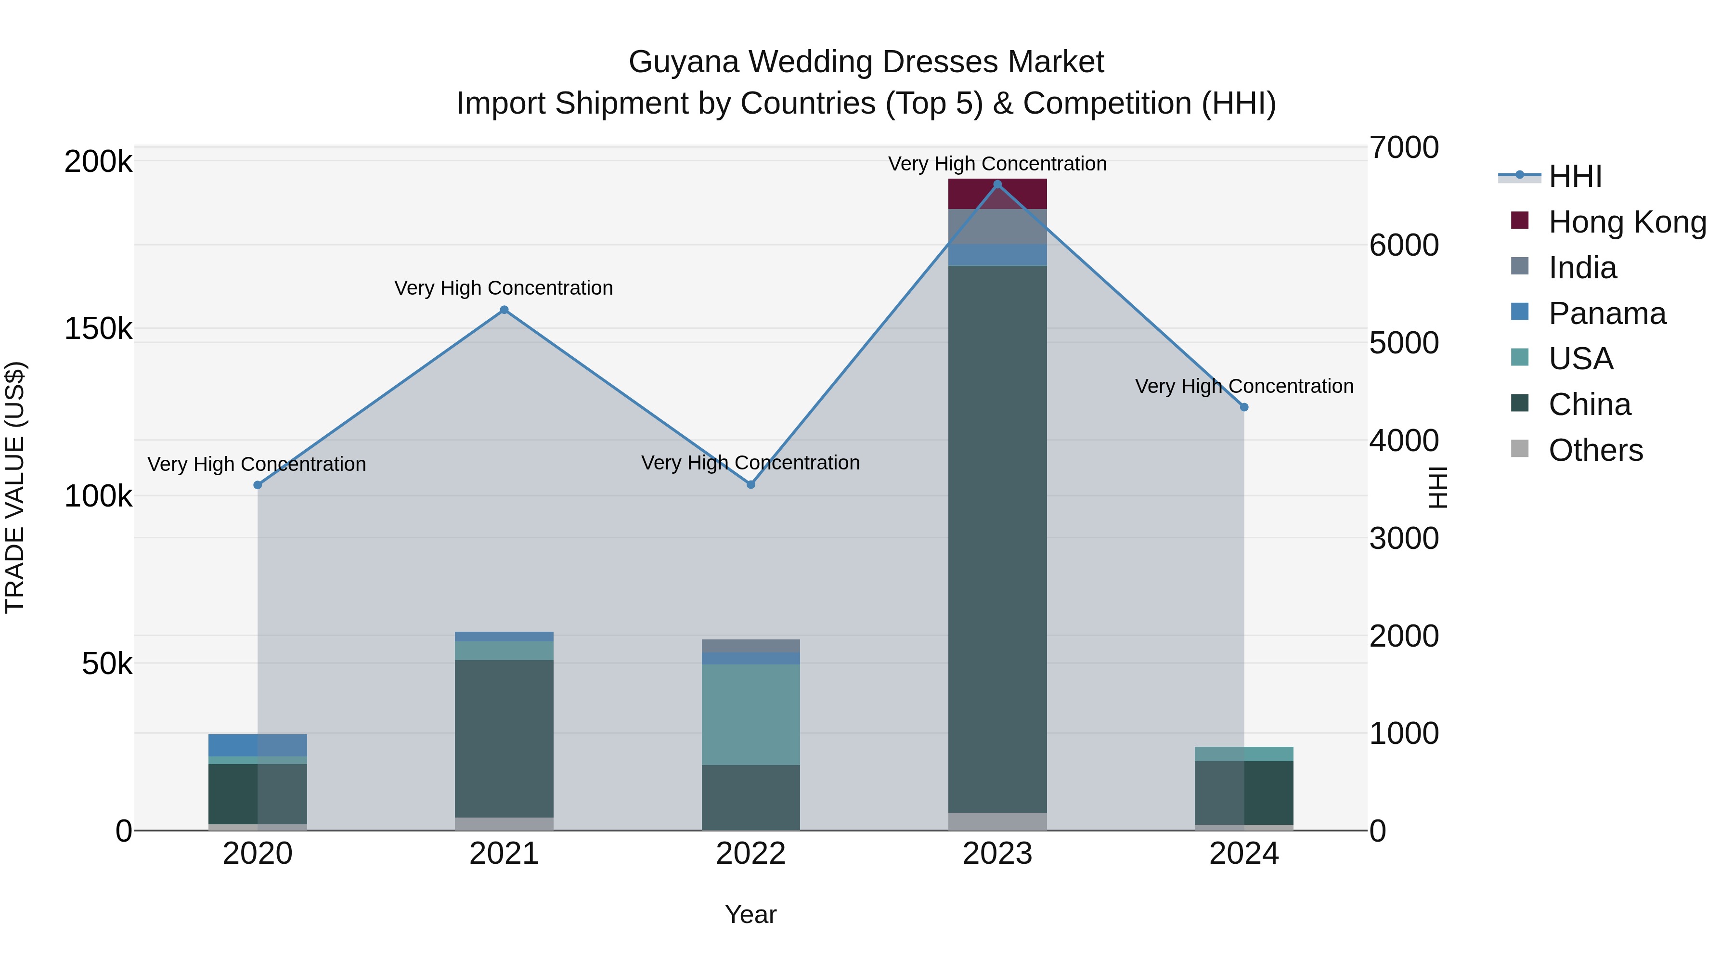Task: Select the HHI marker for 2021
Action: pos(504,310)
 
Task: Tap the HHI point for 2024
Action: pos(1243,407)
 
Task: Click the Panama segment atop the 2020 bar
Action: pos(257,745)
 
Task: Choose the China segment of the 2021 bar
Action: pos(504,738)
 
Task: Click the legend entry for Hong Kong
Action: pos(1627,222)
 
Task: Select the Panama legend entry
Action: pos(1606,313)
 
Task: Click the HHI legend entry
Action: pos(1574,176)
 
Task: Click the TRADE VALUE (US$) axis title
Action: pos(15,487)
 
